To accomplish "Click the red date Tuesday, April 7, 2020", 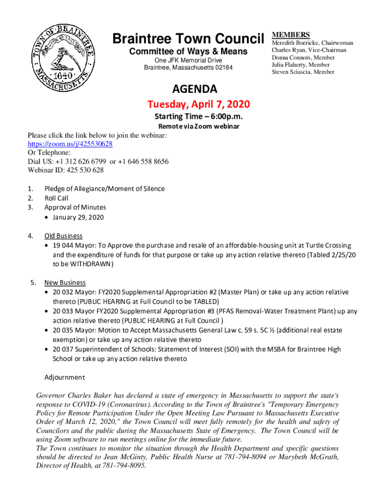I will pyautogui.click(x=199, y=104).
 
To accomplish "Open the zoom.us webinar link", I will pyautogui.click(x=70, y=144).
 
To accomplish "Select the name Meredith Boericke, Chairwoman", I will pyautogui.click(x=312, y=43).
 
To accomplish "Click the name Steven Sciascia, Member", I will pyautogui.click(x=303, y=72).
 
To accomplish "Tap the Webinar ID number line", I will pyautogui.click(x=66, y=170).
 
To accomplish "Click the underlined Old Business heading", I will pyautogui.click(x=63, y=236).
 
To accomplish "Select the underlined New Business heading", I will pyautogui.click(x=65, y=282).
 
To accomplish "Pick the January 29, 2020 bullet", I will pyautogui.click(x=78, y=217).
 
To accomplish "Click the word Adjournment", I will pyautogui.click(x=65, y=377).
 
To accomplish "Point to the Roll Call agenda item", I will pyautogui.click(x=56, y=198).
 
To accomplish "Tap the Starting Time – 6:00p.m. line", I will pyautogui.click(x=199, y=116).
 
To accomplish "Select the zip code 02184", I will pyautogui.click(x=224, y=67).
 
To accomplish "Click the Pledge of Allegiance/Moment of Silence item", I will pyautogui.click(x=105, y=189).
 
